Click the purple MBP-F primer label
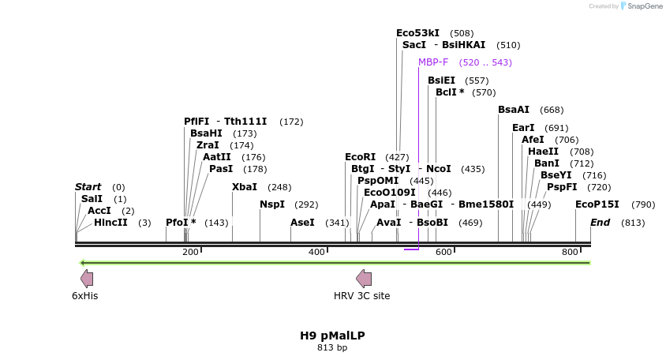(433, 62)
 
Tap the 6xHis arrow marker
(87, 278)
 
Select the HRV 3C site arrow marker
(364, 278)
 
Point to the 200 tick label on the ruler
(190, 252)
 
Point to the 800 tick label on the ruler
(570, 252)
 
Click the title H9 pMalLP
(332, 336)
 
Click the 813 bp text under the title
(332, 347)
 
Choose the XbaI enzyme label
(245, 187)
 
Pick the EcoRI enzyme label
(360, 157)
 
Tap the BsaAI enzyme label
(514, 110)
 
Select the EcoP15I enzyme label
(597, 204)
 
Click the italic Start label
(88, 187)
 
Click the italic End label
(600, 223)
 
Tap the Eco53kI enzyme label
(417, 33)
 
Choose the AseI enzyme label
(302, 223)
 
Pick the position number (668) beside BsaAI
(552, 110)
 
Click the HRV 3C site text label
(361, 296)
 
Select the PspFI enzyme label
(562, 187)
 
